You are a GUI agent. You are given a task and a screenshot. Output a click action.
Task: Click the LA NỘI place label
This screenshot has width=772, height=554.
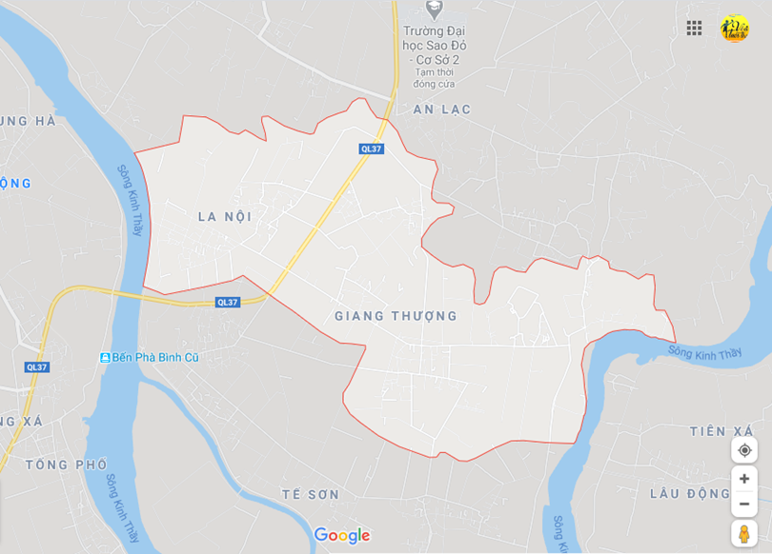(x=225, y=217)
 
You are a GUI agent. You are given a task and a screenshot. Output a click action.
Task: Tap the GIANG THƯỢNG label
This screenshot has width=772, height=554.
(x=396, y=316)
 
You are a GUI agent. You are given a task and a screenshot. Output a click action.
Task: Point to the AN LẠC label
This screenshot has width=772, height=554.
(x=442, y=110)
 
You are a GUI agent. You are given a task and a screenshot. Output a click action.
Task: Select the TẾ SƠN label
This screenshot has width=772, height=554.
(x=311, y=495)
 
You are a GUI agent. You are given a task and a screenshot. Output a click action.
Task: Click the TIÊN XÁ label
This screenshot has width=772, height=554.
(x=721, y=431)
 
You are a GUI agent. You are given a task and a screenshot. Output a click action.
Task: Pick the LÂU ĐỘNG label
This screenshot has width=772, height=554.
(x=689, y=493)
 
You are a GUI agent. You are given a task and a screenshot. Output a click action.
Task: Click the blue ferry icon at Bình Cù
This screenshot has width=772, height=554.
(x=105, y=357)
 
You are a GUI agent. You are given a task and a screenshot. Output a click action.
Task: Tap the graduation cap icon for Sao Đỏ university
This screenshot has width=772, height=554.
(x=435, y=9)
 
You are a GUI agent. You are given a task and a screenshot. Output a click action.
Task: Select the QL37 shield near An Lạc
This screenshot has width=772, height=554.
(x=372, y=148)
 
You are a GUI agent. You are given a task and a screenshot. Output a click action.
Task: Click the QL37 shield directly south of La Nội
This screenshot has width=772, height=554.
(x=228, y=302)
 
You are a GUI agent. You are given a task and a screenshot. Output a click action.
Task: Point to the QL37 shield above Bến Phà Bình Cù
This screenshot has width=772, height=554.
(x=37, y=367)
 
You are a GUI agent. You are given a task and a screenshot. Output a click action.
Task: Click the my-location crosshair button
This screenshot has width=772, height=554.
(x=744, y=450)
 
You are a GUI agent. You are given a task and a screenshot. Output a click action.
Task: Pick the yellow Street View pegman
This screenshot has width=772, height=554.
(x=744, y=533)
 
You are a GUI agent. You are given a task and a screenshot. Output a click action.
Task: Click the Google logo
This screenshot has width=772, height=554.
(x=341, y=536)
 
